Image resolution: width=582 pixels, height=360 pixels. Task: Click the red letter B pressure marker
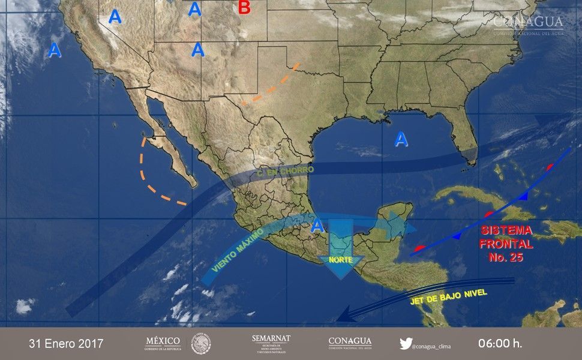pyautogui.click(x=244, y=8)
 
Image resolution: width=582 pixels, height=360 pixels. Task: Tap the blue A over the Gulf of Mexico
pyautogui.click(x=401, y=140)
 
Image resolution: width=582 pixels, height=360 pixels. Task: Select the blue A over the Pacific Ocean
pyautogui.click(x=55, y=50)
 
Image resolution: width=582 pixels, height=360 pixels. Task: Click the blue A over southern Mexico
pyautogui.click(x=318, y=226)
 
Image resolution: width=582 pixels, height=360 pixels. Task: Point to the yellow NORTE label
pyautogui.click(x=340, y=260)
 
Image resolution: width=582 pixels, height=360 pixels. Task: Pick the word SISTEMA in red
pyautogui.click(x=506, y=231)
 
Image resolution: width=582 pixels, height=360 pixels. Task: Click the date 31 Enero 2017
pyautogui.click(x=66, y=344)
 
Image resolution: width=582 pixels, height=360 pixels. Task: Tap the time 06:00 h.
pyautogui.click(x=500, y=344)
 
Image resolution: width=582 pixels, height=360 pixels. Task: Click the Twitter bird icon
pyautogui.click(x=406, y=344)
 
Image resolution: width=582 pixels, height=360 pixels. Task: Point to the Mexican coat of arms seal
pyautogui.click(x=201, y=343)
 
